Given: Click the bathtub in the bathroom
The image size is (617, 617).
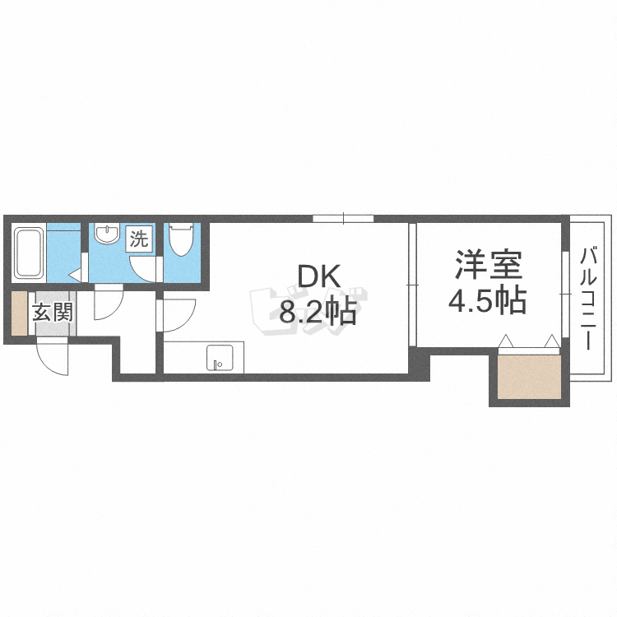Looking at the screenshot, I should [x=30, y=253].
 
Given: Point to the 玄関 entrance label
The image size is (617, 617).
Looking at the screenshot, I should [x=53, y=313].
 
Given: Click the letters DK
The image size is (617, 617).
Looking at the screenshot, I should [x=316, y=277].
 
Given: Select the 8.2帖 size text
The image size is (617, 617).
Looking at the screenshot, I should [x=317, y=312].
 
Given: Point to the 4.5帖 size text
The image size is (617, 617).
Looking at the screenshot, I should [x=487, y=302].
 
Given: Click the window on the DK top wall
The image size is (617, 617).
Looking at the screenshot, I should [x=343, y=218].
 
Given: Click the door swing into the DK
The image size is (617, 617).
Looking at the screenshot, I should [x=178, y=315].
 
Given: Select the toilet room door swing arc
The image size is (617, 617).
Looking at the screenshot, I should [x=146, y=268].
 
